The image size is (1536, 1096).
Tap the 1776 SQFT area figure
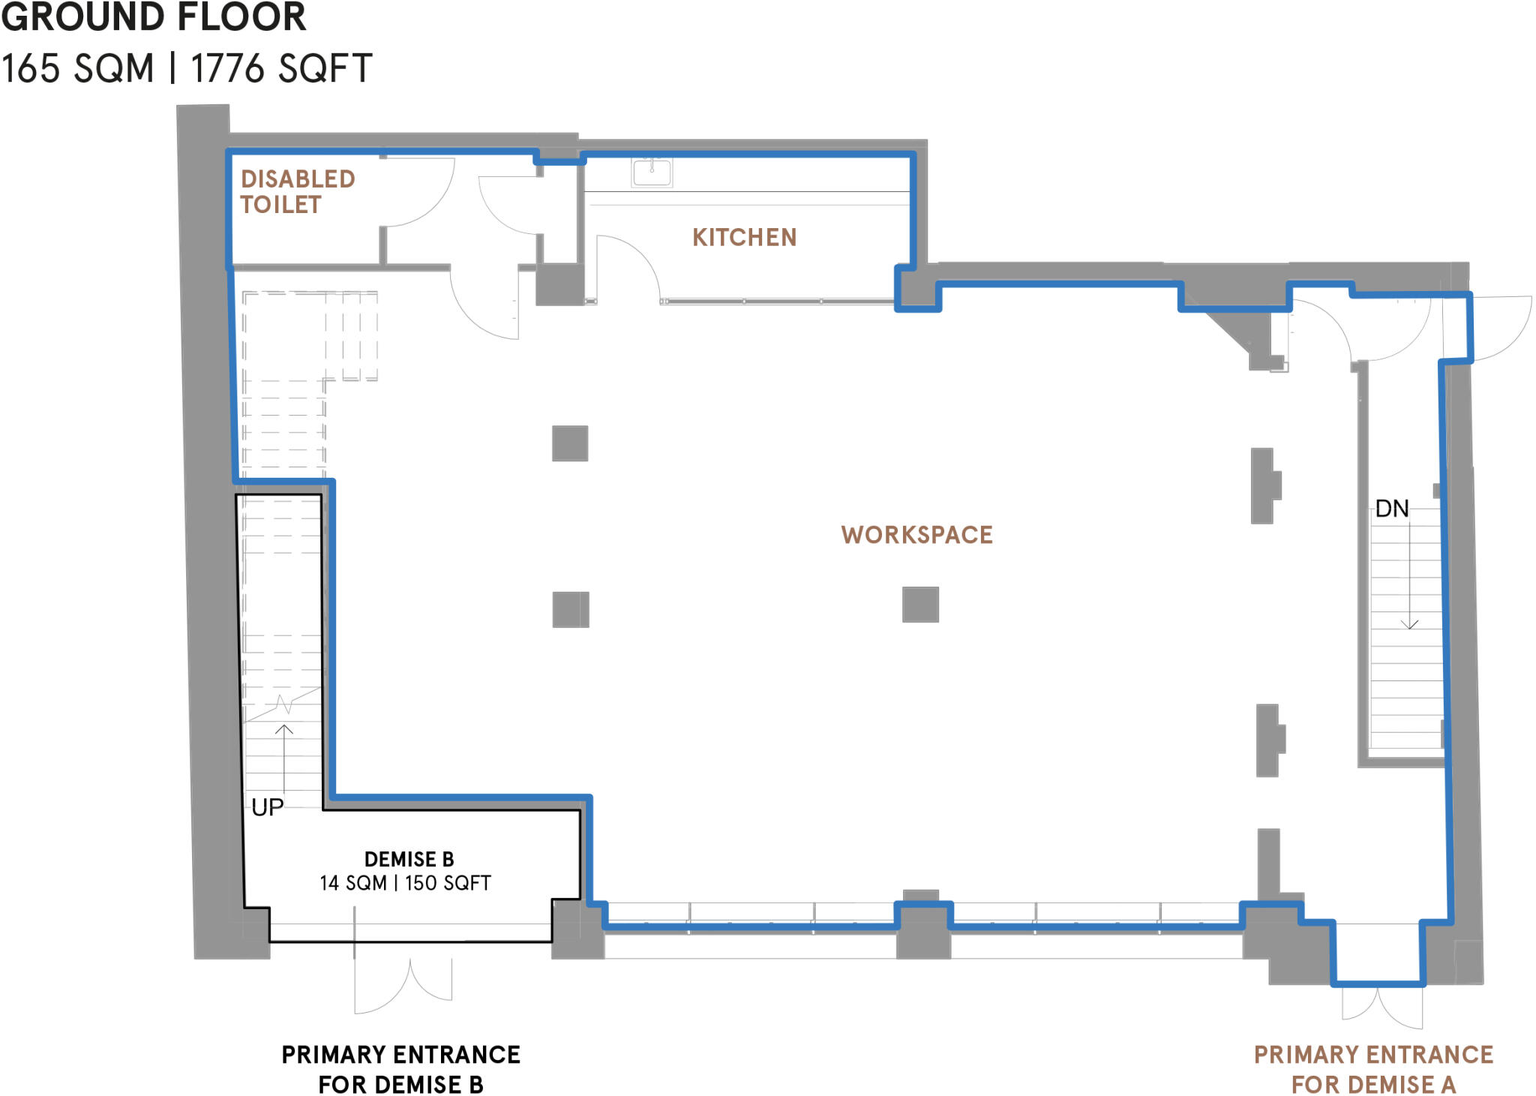pyautogui.click(x=281, y=69)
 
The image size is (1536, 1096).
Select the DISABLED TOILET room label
pyautogui.click(x=297, y=192)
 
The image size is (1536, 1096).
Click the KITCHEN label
pyautogui.click(x=744, y=238)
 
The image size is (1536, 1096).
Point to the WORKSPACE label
pyautogui.click(x=916, y=535)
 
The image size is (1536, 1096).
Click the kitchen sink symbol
pyautogui.click(x=652, y=172)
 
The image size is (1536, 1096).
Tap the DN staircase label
pyautogui.click(x=1392, y=509)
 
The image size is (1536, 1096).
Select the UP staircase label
pyautogui.click(x=267, y=807)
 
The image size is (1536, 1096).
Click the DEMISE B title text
pyautogui.click(x=409, y=859)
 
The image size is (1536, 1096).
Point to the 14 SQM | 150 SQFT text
pyautogui.click(x=405, y=883)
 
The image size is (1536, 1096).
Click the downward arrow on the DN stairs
pyautogui.click(x=1410, y=623)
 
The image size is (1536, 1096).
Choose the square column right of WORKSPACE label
pyautogui.click(x=920, y=605)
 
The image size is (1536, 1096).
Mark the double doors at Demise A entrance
pyautogui.click(x=1381, y=1009)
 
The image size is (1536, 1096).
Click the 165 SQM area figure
pyautogui.click(x=78, y=69)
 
